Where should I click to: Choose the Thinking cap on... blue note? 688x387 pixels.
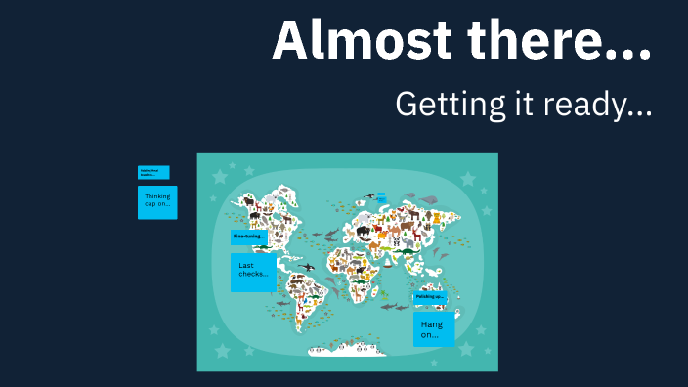pos(157,201)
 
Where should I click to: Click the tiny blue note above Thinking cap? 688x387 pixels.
pos(153,172)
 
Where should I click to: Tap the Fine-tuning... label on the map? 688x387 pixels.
pos(249,236)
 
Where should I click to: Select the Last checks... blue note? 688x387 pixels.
pos(253,272)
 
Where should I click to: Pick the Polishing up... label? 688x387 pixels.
pos(429,296)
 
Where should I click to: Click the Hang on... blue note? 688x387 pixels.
pos(433,329)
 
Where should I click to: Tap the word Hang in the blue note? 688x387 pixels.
pos(431,323)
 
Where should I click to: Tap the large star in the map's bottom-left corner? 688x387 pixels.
pos(223,348)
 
